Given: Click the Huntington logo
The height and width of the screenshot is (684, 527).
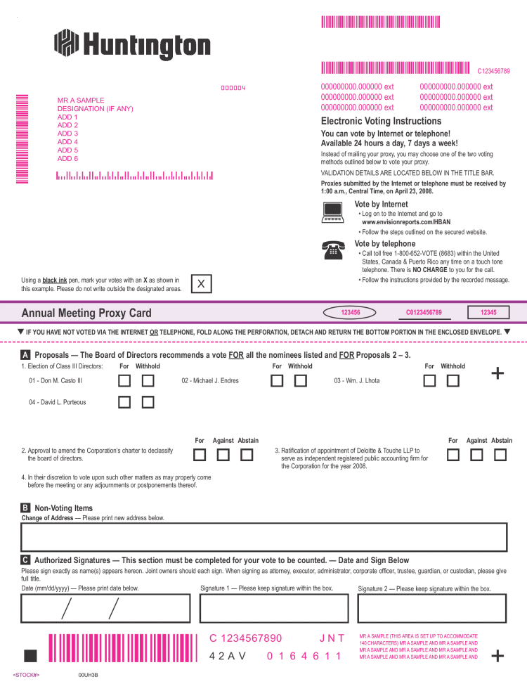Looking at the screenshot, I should (132, 44).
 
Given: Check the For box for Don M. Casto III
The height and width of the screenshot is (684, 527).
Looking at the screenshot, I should (124, 381).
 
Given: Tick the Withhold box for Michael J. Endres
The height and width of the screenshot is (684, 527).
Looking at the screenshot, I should (301, 381).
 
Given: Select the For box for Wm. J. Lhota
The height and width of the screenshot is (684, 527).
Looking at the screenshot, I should (430, 381).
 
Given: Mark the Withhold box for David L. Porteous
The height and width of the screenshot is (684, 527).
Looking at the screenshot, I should (148, 403).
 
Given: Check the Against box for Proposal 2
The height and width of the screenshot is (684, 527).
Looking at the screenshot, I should (223, 455).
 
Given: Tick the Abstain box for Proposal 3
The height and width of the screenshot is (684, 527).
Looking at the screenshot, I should (500, 455).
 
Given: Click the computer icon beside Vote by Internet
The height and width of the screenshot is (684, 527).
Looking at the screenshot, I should (332, 212).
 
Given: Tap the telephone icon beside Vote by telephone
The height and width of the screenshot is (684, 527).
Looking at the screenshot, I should (332, 249).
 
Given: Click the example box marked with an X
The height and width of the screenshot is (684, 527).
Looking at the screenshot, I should (202, 284).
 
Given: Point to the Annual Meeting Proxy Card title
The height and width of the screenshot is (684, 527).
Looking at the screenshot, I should (86, 313).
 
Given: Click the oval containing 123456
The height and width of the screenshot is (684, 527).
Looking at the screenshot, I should (350, 312).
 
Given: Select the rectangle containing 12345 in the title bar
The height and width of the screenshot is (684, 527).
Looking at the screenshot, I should (488, 312).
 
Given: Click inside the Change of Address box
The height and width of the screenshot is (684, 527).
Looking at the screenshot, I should (263, 538).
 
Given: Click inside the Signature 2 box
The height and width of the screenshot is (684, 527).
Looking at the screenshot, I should (432, 609).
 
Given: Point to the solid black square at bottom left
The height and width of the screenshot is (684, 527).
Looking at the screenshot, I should (30, 656).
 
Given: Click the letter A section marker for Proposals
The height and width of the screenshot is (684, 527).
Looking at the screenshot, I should (25, 355).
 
